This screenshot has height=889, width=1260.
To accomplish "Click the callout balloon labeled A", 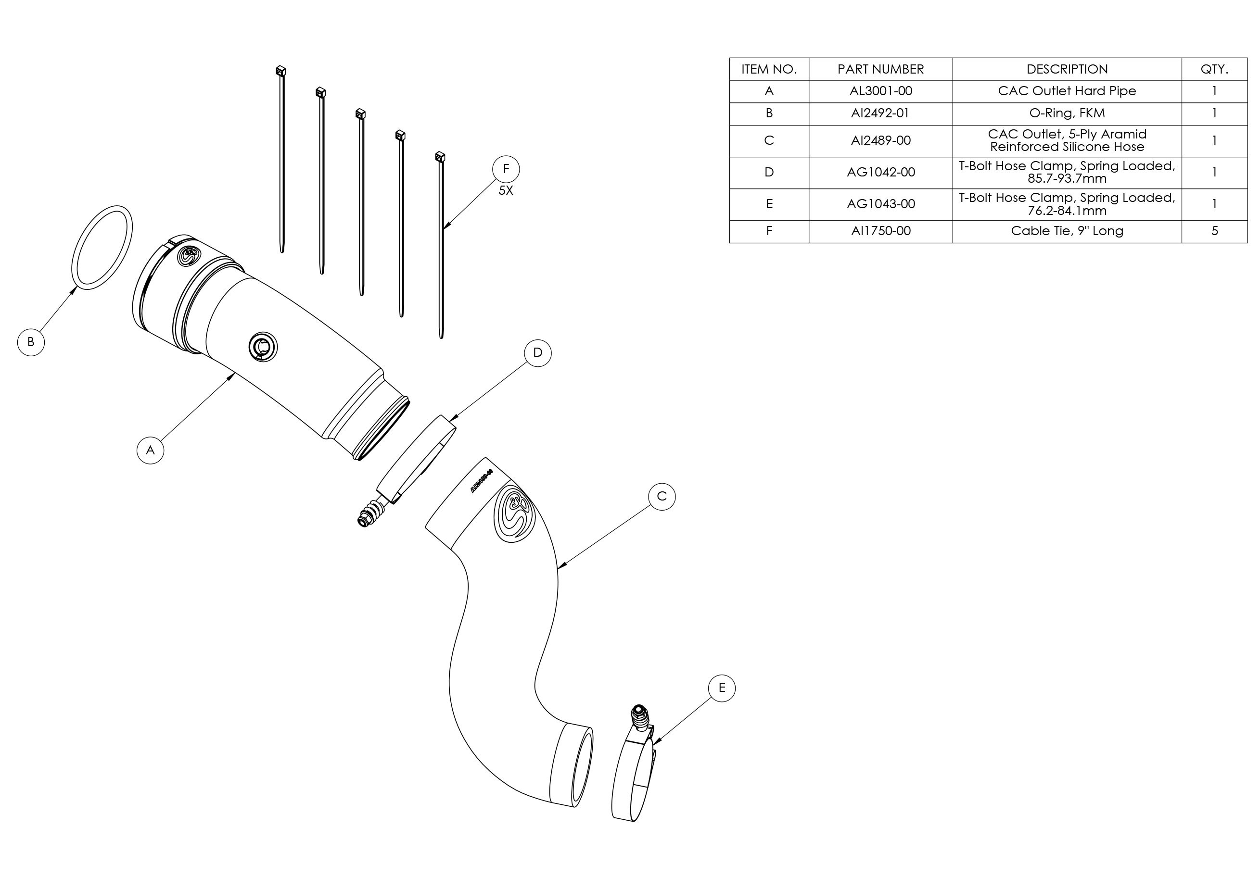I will tap(151, 450).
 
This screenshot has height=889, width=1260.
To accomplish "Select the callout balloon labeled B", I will tap(31, 342).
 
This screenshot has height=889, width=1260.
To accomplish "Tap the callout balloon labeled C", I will tap(662, 497).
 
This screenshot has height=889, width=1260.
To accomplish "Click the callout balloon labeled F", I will tap(506, 169).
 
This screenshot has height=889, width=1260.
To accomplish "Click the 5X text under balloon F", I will tap(506, 191).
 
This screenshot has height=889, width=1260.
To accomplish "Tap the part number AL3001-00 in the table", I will tap(880, 91).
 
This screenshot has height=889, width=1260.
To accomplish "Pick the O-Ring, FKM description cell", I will tap(1067, 113).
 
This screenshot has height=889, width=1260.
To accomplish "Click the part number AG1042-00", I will tap(880, 173).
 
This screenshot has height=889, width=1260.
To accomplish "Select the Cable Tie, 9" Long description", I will tap(1067, 231).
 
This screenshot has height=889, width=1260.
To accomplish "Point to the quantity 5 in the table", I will tap(1214, 231).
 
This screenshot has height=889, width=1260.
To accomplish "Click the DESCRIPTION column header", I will tap(1067, 70).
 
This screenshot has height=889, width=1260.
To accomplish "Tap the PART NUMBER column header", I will tap(880, 70).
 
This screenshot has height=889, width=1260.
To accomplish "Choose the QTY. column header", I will tap(1214, 70).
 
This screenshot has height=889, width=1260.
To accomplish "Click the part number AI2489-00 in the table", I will tap(880, 141).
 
